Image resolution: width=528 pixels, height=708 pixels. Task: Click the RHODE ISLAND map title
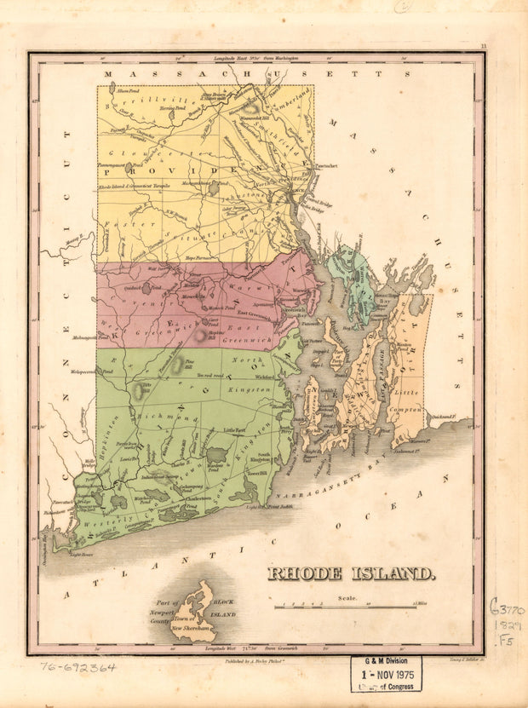coord(352,573)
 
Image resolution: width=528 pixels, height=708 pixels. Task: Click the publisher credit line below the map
coord(255,661)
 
